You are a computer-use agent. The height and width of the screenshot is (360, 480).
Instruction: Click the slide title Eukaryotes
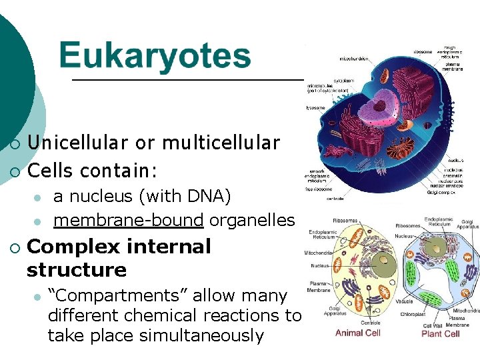point(155,57)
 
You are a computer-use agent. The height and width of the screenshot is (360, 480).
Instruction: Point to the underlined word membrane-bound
point(128,220)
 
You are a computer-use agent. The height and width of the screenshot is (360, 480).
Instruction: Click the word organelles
point(252,220)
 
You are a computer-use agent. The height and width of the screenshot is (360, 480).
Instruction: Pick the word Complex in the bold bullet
point(73,247)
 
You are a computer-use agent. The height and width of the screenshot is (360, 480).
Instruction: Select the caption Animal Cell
point(359,333)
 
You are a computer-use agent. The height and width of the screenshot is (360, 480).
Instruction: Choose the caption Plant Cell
point(441,333)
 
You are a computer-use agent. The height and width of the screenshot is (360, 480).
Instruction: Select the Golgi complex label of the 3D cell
point(441,192)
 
